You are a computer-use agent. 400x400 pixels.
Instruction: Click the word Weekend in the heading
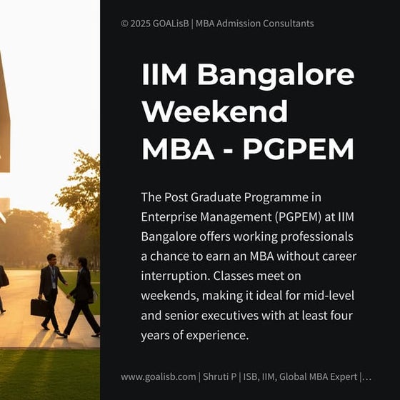(x=215, y=112)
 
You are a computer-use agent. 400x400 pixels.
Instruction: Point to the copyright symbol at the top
(x=125, y=24)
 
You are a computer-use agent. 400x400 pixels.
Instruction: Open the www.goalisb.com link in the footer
(x=158, y=376)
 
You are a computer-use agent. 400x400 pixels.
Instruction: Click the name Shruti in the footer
(x=218, y=376)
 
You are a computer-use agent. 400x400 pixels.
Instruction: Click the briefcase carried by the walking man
(x=40, y=307)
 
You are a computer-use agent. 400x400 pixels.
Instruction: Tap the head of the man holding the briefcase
(x=51, y=259)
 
